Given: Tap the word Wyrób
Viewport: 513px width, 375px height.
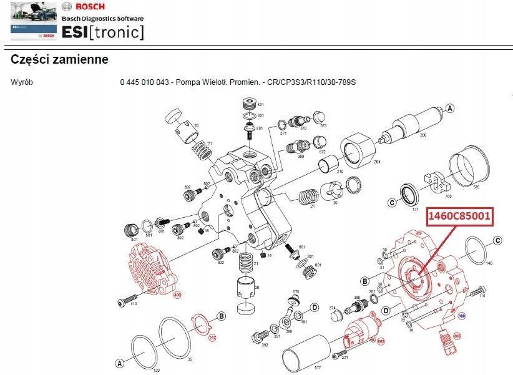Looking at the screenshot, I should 22,82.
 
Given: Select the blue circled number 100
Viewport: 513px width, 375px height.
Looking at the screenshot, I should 462,316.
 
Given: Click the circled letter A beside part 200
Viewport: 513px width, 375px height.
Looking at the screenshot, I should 449,108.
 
